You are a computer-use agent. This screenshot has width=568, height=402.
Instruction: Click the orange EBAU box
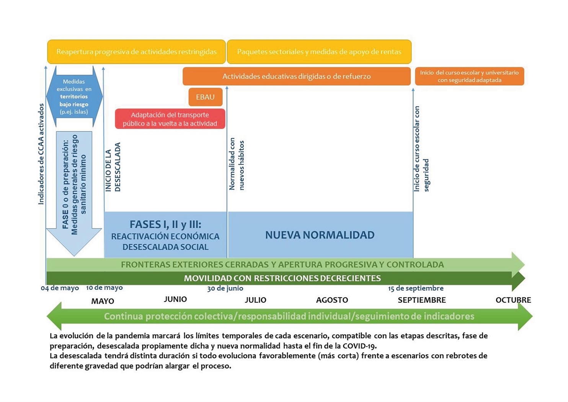206,97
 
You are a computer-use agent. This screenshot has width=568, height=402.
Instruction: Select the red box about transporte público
170,119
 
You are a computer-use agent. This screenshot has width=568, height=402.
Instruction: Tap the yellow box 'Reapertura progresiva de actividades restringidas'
136,52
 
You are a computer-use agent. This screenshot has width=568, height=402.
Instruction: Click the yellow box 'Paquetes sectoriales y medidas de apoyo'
319,52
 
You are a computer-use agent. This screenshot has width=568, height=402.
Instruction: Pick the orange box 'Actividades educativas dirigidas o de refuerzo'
297,76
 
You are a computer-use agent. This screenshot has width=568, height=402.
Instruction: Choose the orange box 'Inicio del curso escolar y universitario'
469,76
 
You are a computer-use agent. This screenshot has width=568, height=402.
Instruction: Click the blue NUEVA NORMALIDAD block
320,235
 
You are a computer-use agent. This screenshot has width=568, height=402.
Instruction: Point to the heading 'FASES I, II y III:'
166,224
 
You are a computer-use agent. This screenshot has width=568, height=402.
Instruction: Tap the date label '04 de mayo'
60,288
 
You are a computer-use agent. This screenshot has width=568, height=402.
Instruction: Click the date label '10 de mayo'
104,288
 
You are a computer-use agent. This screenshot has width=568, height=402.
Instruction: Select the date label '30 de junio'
225,288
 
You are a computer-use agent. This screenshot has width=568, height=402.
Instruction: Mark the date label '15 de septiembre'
416,288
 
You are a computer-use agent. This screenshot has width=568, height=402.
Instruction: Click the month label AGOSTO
332,300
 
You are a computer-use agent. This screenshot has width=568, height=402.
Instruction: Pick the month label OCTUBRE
513,300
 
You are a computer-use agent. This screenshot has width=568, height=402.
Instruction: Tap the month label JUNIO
175,299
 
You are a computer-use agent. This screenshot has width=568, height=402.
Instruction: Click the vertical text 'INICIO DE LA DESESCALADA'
113,167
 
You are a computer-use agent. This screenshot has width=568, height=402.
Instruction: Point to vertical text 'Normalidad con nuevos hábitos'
236,164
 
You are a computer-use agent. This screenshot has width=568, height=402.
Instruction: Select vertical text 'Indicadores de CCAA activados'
41,154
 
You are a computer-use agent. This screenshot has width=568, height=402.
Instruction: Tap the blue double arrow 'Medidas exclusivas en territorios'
74,96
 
